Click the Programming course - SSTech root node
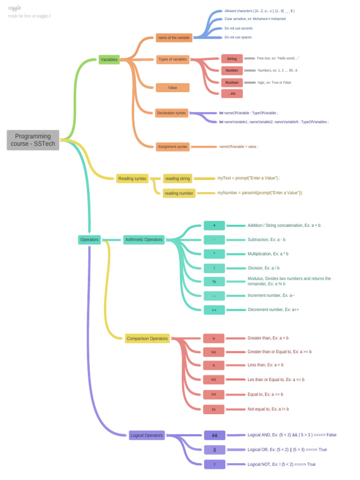33,140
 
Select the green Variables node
109,60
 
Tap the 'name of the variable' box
174,38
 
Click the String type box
232,59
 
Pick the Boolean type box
232,82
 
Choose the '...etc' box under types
232,94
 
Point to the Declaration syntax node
172,113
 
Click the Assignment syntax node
172,147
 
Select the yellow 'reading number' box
179,193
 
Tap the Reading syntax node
132,179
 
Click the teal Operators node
89,240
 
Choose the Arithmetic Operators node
144,240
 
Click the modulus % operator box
214,282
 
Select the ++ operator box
214,310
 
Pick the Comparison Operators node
148,338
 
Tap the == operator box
214,394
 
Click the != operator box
214,409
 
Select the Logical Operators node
147,435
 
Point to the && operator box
214,435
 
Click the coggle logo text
15,8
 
